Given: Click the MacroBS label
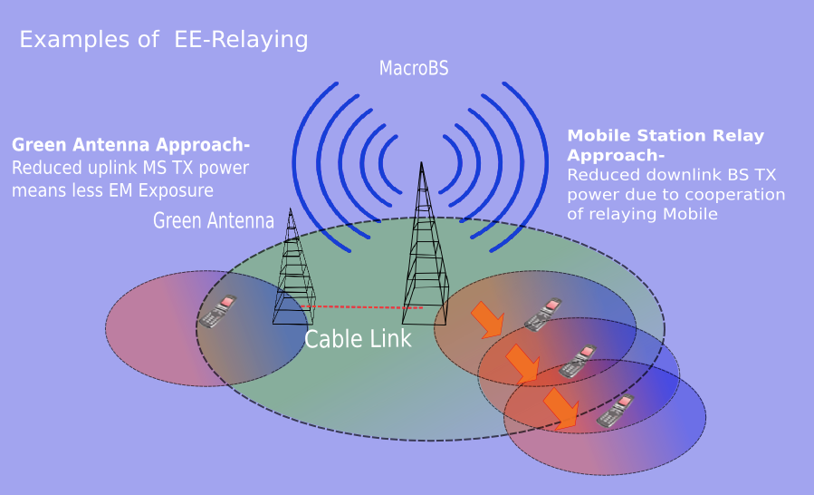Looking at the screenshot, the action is pos(414,68).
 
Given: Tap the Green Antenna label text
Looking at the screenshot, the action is pos(214,220).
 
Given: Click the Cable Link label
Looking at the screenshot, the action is pos(358,339).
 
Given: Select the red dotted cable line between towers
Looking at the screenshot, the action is pos(362,307).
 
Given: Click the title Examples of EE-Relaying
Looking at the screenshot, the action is pos(164,40).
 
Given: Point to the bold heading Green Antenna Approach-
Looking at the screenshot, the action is pos(130,144).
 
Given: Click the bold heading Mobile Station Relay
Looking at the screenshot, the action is pos(666,136).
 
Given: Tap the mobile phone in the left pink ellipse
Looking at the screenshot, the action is pos(218,311).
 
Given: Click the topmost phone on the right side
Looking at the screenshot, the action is pos(543,314).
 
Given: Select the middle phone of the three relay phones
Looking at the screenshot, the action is pos(578,361).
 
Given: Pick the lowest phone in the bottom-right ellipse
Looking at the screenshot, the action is pos(615,411).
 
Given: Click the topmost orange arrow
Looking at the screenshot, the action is pos(488,320).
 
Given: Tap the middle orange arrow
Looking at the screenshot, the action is pos(522,364).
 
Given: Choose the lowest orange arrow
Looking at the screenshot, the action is pos(561,409).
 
